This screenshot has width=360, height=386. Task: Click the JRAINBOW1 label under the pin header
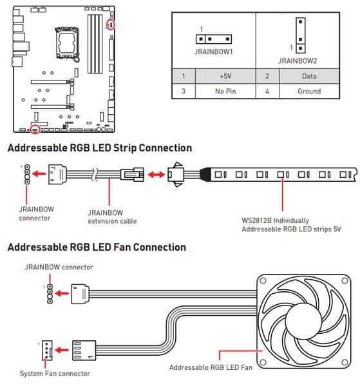[x=213, y=52]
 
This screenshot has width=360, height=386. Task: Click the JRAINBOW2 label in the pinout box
[x=298, y=61]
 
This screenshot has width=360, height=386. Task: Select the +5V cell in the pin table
[x=225, y=76]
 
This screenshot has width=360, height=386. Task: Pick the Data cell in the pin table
[x=309, y=76]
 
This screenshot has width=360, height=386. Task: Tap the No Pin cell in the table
[x=225, y=92]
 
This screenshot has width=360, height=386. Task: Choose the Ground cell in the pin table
[x=309, y=92]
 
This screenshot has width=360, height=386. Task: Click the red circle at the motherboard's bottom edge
[x=35, y=130]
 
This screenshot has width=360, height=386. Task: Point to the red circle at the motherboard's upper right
[x=111, y=24]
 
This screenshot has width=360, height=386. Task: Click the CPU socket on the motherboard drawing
[x=67, y=43]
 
